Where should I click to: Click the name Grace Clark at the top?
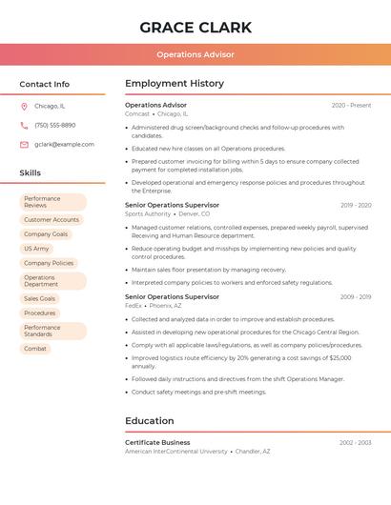coord(195,27)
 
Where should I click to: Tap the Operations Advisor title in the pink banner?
coord(195,54)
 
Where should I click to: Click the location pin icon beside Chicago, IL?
coord(24,106)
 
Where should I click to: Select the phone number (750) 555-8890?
coord(54,125)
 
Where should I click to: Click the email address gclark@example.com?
coord(64,144)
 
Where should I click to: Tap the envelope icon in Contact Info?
coord(24,144)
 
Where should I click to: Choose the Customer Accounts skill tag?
coord(51,219)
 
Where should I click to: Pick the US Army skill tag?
coord(36,249)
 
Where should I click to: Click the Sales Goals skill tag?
coord(40,298)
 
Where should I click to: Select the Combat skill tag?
coord(35,349)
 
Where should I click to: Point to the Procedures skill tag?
coord(40,313)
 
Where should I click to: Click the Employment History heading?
coord(175,84)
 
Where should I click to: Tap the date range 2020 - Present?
coord(351,105)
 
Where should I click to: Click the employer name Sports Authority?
coord(148,213)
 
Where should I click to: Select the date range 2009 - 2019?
coord(355,296)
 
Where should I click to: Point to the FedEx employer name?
coord(134,306)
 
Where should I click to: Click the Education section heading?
coord(150,420)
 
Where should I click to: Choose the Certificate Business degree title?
coord(157,442)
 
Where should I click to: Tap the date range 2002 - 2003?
coord(355,442)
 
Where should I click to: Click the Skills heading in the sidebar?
coord(31,172)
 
